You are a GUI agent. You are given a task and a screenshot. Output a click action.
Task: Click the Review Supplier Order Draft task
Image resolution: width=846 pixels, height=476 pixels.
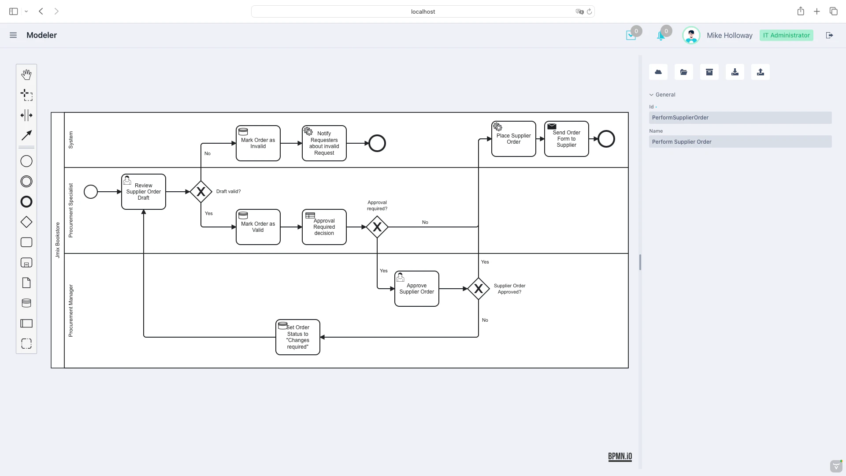click(x=144, y=192)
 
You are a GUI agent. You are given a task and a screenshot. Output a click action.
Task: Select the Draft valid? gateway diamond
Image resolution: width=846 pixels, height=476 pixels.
click(x=201, y=192)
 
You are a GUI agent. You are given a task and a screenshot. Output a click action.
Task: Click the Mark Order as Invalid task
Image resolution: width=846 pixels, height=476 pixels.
click(x=258, y=143)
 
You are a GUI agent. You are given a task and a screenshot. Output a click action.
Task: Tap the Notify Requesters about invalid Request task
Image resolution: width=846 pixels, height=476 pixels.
click(x=324, y=143)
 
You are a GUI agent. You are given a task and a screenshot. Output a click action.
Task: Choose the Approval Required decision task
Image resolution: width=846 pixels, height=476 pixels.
click(x=324, y=227)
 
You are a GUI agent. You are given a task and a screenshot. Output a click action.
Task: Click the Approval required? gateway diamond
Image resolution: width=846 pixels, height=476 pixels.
click(x=377, y=227)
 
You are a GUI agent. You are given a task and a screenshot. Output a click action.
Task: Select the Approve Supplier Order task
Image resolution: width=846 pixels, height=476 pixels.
click(x=417, y=289)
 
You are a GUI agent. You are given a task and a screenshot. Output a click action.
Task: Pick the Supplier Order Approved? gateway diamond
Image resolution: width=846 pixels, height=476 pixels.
click(x=479, y=289)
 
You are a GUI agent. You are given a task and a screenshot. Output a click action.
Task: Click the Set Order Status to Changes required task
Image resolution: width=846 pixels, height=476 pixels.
click(x=298, y=337)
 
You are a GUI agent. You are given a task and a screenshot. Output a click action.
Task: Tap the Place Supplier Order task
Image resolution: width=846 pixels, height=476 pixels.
click(x=514, y=139)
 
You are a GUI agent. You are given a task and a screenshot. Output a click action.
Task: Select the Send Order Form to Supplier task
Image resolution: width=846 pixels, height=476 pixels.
click(x=567, y=139)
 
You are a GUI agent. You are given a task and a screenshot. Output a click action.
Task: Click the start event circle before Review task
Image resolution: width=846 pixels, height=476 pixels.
click(x=91, y=192)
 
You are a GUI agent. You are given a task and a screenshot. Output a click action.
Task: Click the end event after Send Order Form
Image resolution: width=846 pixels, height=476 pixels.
click(x=606, y=139)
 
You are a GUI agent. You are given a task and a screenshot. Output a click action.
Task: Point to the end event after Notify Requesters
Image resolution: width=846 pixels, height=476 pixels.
click(x=377, y=143)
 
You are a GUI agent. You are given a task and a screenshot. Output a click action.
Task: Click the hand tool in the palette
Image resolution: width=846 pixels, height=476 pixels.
click(x=26, y=74)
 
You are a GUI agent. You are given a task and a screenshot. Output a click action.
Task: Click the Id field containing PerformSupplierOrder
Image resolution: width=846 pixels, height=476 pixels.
click(x=740, y=118)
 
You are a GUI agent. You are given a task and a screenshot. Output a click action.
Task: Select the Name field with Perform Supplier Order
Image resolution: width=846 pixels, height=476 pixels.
click(x=740, y=142)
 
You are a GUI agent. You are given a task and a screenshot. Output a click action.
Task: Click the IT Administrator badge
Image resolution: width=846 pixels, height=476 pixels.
click(x=786, y=35)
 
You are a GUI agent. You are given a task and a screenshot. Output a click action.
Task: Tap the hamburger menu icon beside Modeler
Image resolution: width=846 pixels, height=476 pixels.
click(x=13, y=35)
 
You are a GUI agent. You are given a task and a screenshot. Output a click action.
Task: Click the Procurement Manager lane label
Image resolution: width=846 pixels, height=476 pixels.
click(x=71, y=311)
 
